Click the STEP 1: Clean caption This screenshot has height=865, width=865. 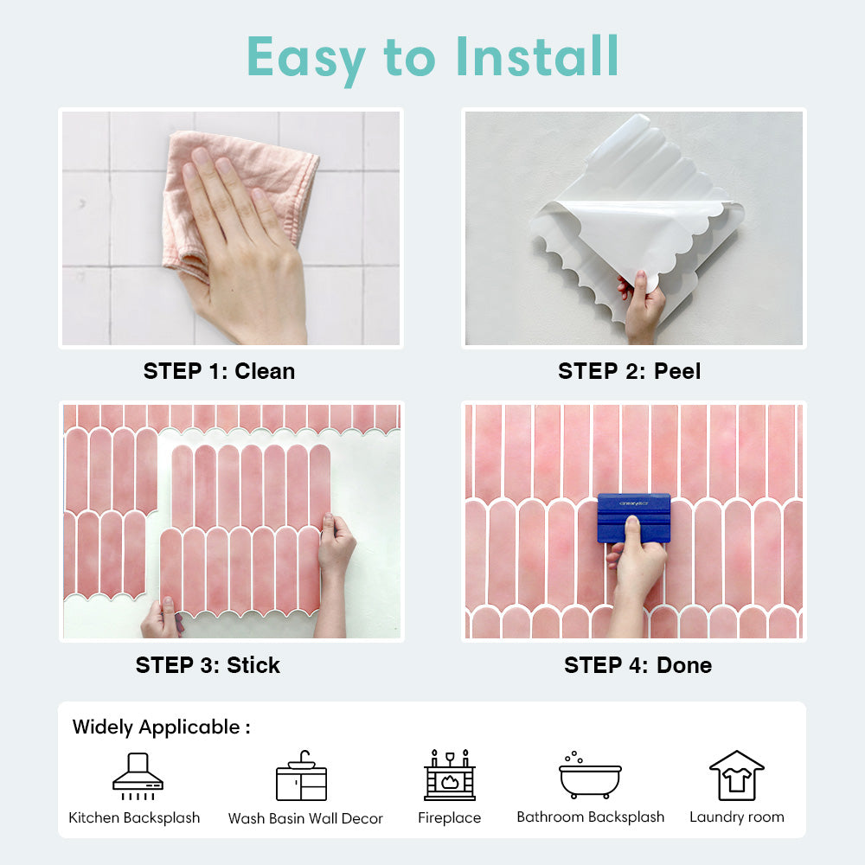coord(219,371)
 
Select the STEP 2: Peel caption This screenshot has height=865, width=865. coord(629,371)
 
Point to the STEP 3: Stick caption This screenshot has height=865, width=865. coord(208,665)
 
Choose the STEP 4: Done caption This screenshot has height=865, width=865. coord(638,665)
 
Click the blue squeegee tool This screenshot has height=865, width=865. coord(634,517)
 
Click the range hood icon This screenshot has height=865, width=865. coord(138,776)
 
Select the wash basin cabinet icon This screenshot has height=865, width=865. coord(301,776)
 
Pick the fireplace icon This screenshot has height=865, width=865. coord(450,775)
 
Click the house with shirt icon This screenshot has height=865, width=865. coord(736,775)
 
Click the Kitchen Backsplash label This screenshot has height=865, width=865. coord(134,817)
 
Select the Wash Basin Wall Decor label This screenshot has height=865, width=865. coord(305,818)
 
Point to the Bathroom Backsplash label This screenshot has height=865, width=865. coord(590,817)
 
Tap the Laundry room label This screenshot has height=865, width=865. coord(736,817)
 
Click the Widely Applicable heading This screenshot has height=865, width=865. coord(161,727)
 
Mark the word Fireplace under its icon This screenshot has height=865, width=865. coord(449,817)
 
